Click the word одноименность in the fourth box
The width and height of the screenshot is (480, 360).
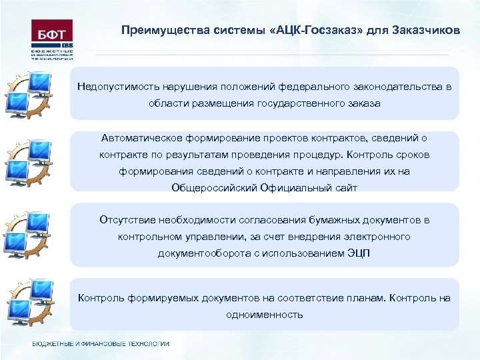[265, 314]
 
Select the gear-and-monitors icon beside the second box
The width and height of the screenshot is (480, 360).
[28, 162]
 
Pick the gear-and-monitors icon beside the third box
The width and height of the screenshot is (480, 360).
[28, 233]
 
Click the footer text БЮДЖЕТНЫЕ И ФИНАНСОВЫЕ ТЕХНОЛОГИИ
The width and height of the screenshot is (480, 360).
[101, 344]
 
